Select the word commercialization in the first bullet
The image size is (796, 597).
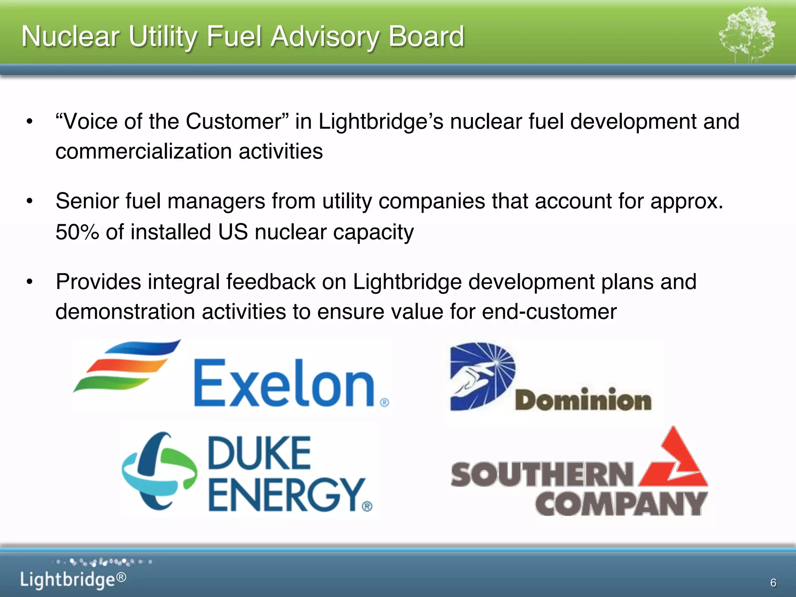click(x=143, y=152)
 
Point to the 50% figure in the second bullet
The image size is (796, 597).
click(x=77, y=232)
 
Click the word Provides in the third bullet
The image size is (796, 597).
click(x=98, y=282)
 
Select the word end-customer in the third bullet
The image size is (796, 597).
click(x=549, y=312)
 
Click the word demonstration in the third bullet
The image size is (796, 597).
click(x=125, y=312)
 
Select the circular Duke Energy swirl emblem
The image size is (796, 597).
click(x=159, y=471)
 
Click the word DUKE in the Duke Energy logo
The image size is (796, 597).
click(x=259, y=453)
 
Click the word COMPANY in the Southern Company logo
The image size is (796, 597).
click(x=621, y=504)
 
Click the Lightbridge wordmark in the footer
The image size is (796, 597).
click(x=68, y=580)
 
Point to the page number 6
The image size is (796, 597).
click(x=773, y=583)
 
